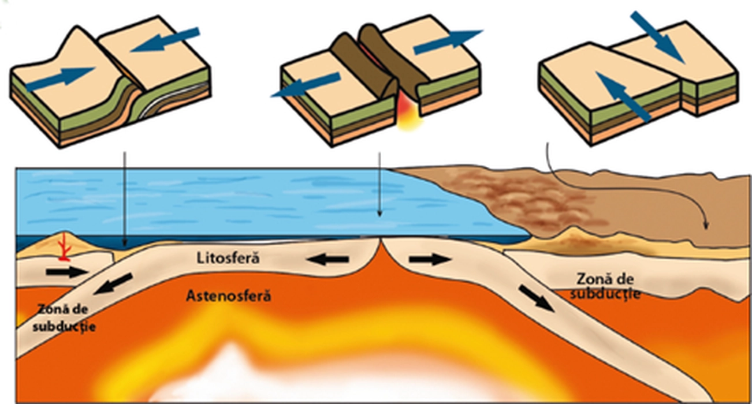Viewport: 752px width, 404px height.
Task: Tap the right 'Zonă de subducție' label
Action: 605,286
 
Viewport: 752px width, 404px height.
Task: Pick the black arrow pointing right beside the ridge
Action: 430,260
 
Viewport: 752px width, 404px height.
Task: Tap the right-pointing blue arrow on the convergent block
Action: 60,78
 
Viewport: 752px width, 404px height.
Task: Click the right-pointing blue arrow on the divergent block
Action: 448,42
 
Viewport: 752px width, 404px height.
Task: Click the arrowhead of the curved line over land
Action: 705,226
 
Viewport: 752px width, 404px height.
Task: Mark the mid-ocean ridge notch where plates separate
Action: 379,242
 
